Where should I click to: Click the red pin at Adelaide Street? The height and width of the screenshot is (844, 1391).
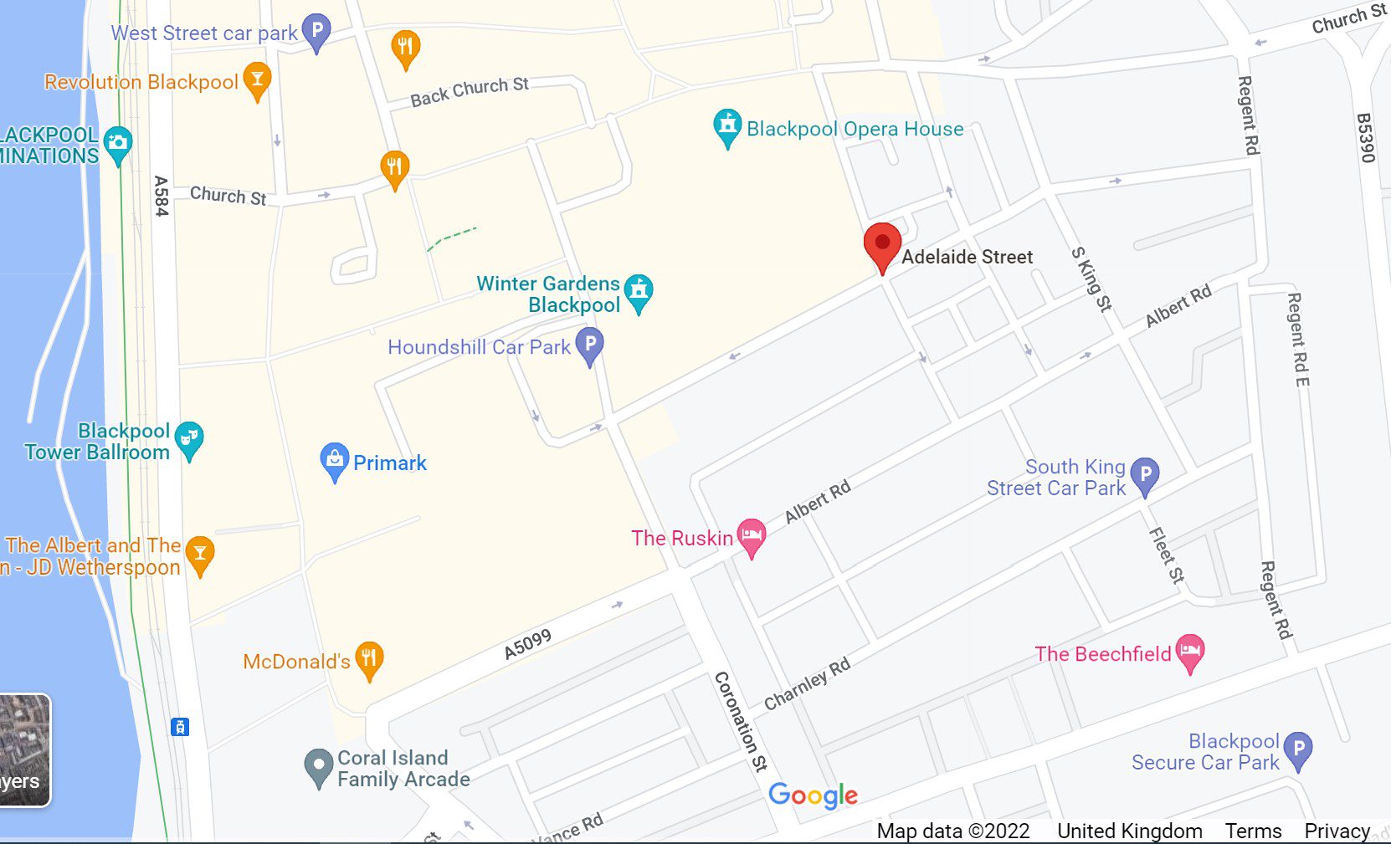coord(882,245)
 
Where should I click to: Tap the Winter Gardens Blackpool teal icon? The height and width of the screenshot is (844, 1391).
coord(639,292)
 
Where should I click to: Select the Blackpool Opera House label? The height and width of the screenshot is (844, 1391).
coord(855,129)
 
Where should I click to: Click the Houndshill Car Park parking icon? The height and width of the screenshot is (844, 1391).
coord(590,345)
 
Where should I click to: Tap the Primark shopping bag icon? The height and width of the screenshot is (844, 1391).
coord(334,460)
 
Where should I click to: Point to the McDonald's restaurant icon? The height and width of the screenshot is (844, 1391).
coord(369,659)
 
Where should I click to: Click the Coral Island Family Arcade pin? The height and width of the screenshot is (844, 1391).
coord(318,766)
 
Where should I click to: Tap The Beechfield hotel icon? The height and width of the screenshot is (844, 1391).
coord(1189,652)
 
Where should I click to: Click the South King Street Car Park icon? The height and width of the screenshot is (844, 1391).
coord(1145,475)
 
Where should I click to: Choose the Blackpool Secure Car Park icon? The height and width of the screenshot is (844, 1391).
coord(1298,749)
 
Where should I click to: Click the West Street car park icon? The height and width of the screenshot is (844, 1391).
coord(316,32)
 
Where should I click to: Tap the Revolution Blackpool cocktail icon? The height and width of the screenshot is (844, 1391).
coord(257,80)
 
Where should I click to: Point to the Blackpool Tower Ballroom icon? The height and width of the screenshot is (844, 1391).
coord(190,438)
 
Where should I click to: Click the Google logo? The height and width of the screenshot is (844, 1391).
coord(813,795)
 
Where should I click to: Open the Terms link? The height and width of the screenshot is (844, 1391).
coord(1253,831)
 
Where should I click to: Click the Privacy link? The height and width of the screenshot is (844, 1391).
coord(1337,831)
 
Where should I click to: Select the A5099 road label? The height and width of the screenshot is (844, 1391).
coord(527,644)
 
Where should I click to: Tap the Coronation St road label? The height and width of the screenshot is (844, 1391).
coord(740,720)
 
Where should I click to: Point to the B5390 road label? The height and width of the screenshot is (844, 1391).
coord(1365,137)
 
